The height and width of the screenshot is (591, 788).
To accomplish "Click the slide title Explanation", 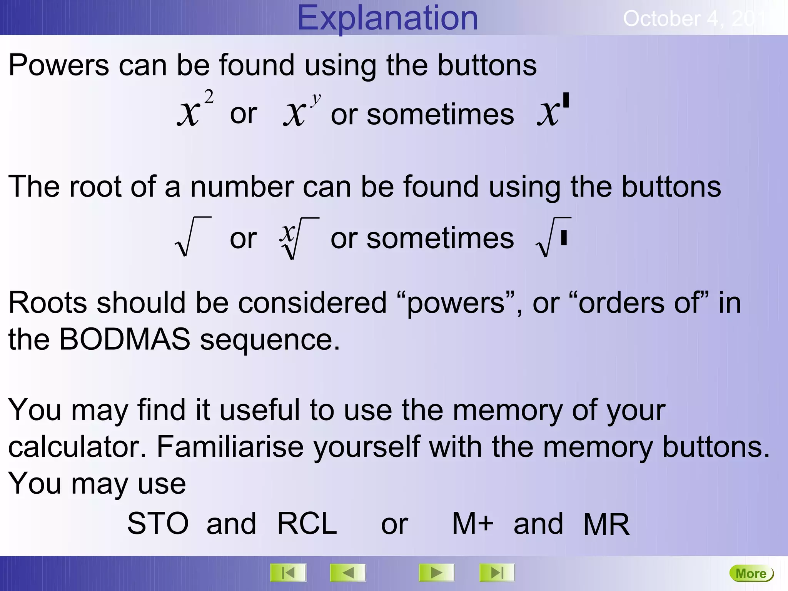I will [x=387, y=18].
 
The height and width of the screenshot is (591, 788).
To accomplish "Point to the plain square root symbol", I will [x=192, y=237].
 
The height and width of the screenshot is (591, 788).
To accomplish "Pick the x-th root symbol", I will [x=299, y=238].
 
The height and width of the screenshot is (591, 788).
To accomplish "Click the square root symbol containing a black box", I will [x=553, y=237].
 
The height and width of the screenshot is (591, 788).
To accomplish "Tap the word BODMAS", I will [x=125, y=339].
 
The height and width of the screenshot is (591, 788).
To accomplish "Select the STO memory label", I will [x=158, y=524].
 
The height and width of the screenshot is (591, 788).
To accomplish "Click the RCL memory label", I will [x=307, y=524].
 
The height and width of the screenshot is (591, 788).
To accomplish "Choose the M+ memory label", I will [x=472, y=524].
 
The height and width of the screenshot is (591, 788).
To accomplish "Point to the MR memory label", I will [x=606, y=524].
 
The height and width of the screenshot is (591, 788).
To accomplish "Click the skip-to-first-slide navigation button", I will [x=288, y=573].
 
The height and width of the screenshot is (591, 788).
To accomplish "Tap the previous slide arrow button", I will [x=348, y=573].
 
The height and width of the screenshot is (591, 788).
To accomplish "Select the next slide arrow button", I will [x=436, y=573].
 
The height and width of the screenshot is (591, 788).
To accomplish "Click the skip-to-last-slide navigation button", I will [x=497, y=573].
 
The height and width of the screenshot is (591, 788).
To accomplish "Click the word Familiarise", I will [x=230, y=447].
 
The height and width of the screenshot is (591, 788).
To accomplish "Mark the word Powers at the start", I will [x=59, y=65].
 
